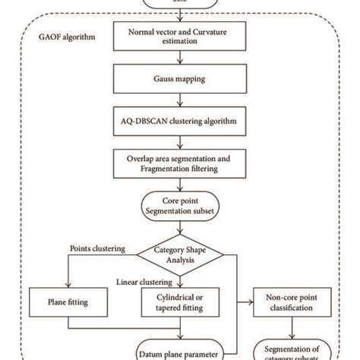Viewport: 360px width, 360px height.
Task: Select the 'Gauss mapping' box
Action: point(180,79)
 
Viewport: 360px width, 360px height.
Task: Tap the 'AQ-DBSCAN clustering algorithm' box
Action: point(180,120)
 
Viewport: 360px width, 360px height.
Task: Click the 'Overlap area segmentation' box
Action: point(180,161)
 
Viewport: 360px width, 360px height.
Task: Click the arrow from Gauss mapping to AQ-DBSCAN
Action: point(180,99)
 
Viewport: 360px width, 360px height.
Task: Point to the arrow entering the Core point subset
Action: point(180,184)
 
